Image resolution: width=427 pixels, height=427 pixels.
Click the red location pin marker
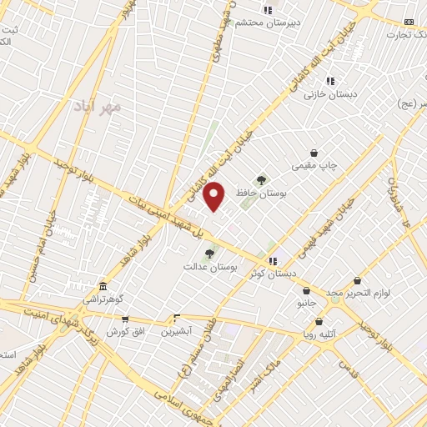click(x=215, y=196)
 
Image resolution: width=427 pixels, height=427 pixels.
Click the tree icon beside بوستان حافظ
click(x=262, y=178)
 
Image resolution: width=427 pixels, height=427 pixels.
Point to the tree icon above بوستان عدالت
click(x=209, y=254)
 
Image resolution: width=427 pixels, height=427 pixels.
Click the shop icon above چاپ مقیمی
click(x=314, y=153)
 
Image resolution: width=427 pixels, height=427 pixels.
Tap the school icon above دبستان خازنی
click(x=330, y=81)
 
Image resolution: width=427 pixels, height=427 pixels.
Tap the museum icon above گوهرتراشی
click(x=102, y=286)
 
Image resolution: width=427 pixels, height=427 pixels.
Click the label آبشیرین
click(x=176, y=330)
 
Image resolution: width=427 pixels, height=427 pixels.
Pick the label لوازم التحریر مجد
click(x=358, y=294)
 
